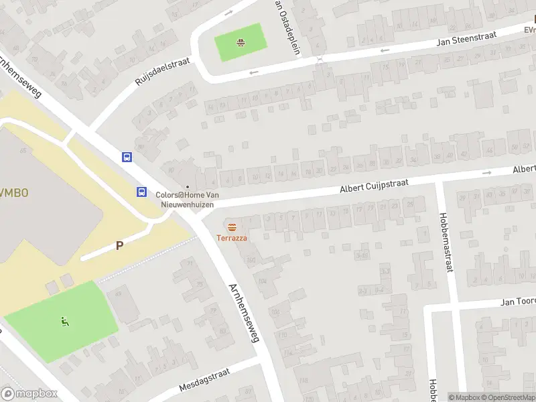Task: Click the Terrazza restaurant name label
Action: pos(232,238)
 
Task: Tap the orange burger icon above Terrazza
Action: pos(232,226)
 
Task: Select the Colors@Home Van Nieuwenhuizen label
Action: pos(187,198)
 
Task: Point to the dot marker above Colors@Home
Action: pos(188,187)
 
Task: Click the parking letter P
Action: pos(119,245)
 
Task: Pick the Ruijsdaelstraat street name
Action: pos(162,71)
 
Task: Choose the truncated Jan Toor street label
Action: pos(518,302)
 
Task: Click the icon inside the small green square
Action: pos(240,44)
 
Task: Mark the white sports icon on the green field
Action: pos(65,322)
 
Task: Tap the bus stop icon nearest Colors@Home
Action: pos(142,192)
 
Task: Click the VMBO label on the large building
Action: pos(13,193)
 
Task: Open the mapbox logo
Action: pos(29,394)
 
